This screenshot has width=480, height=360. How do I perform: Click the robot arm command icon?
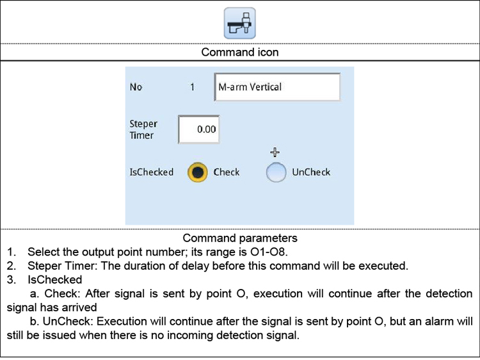(240, 23)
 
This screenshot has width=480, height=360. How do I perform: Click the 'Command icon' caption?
(240, 52)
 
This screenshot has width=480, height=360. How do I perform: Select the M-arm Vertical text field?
(277, 87)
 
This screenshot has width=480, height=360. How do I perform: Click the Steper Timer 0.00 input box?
(199, 129)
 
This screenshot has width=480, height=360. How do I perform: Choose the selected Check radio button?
(198, 172)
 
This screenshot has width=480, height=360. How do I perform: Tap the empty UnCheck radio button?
(276, 172)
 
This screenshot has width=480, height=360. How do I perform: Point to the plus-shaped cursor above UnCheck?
(275, 152)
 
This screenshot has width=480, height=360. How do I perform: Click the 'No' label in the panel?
(136, 87)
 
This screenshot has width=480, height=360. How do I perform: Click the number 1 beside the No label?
(192, 87)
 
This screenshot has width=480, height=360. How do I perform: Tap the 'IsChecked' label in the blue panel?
(152, 172)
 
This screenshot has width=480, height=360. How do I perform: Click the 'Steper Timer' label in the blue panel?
(143, 129)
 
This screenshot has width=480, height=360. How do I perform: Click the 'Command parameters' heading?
(240, 238)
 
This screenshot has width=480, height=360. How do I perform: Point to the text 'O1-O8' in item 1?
(268, 252)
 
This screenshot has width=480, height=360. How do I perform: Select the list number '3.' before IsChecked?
(12, 279)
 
